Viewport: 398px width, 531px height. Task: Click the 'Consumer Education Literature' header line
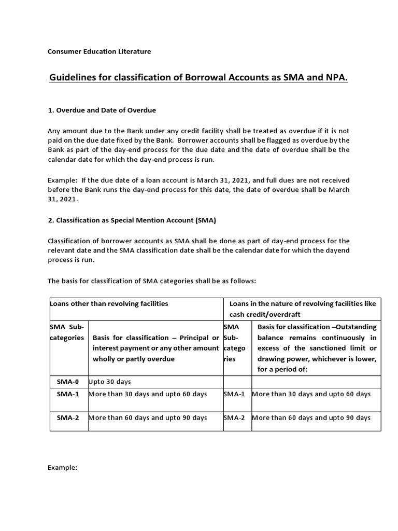coord(99,51)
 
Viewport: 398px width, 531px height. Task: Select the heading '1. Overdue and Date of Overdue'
coord(102,110)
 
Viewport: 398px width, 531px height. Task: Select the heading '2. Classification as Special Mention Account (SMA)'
coord(132,220)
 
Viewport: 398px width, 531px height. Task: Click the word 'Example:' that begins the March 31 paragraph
coord(63,180)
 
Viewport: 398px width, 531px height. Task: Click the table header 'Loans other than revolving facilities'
coord(109,304)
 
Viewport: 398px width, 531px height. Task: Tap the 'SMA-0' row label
coord(68,382)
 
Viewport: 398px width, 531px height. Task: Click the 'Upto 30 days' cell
coord(110,382)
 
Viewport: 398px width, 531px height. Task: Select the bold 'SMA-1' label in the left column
coord(68,394)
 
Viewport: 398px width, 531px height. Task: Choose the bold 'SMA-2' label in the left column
coord(68,417)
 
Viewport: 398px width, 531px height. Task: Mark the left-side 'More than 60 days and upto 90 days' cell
coord(148,417)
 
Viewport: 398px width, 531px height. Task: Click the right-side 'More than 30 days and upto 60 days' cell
coord(311,394)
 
